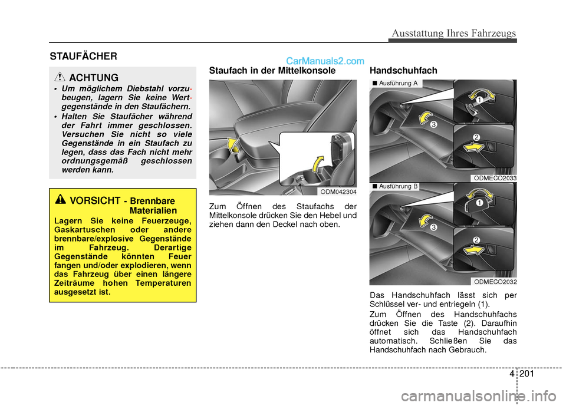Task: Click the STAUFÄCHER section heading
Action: (x=83, y=56)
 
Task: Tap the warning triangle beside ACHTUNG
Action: (x=60, y=77)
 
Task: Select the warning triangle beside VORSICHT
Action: (x=60, y=200)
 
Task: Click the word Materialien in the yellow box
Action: (x=153, y=210)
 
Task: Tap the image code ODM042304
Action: (x=338, y=192)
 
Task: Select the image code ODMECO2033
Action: (x=495, y=177)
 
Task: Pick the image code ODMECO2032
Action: (x=495, y=282)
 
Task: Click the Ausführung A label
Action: (x=396, y=84)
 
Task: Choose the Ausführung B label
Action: (x=396, y=186)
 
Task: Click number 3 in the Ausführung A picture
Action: (x=433, y=125)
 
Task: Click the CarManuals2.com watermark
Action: (x=325, y=60)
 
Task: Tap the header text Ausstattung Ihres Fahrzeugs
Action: (x=452, y=33)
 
